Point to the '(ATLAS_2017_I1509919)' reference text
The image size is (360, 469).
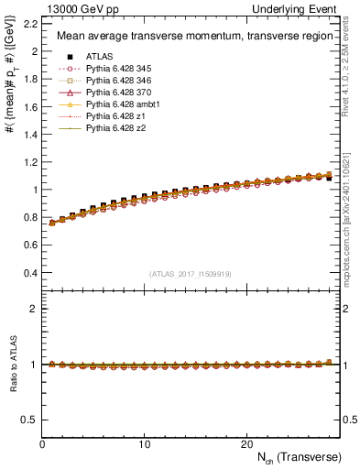(x=189, y=273)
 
